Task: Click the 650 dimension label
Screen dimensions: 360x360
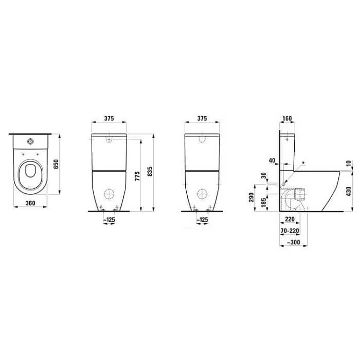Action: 56,164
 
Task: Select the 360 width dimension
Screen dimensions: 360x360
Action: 30,203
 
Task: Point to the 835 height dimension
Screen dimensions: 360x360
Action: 149,171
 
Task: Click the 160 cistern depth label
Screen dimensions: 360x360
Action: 287,119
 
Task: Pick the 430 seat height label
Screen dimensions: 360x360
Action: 348,191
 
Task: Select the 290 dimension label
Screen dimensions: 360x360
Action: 252,197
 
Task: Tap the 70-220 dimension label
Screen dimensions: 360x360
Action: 290,230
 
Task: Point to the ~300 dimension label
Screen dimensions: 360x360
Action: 294,242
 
